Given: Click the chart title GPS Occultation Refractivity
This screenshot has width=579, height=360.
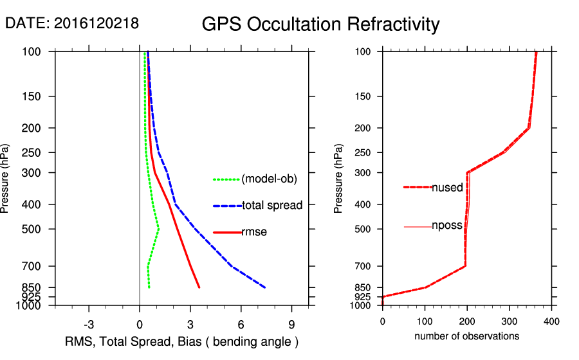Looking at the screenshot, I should [320, 24].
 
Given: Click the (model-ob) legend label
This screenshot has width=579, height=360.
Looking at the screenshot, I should [270, 179].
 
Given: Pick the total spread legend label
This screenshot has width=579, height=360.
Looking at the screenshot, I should [272, 206].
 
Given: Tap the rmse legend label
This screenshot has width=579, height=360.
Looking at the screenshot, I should [254, 232].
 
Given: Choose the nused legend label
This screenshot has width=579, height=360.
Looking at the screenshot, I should [447, 187].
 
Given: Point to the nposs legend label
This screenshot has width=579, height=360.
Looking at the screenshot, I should [447, 226].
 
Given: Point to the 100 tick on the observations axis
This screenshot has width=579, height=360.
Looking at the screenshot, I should [425, 321].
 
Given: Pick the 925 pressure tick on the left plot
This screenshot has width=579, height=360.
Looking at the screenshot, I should [30, 297].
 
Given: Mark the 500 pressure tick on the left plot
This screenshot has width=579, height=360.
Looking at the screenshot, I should [30, 229].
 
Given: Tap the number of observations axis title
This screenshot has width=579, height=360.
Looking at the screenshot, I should [466, 336].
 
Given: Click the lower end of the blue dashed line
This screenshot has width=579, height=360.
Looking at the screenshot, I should [265, 287].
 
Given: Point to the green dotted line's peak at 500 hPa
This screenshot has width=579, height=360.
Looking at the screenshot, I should [159, 229].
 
